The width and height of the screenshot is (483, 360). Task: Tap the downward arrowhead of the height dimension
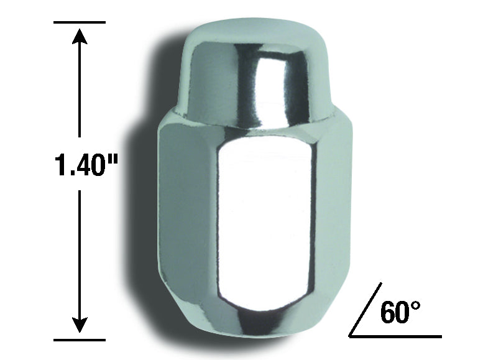(80, 325)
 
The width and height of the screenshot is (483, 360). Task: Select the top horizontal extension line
(80, 22)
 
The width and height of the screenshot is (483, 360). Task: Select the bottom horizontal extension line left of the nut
(80, 340)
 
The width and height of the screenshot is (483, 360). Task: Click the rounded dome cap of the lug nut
(255, 62)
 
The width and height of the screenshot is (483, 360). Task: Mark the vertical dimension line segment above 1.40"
(80, 87)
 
